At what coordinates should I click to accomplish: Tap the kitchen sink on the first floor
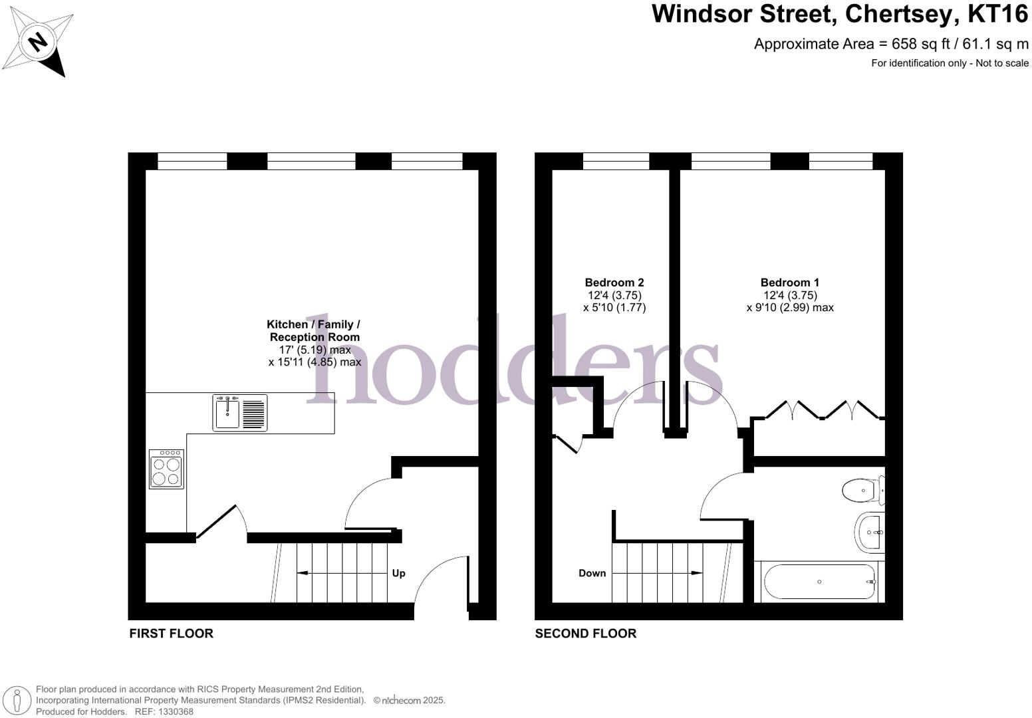(x=240, y=413)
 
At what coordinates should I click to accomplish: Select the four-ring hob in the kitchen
(x=166, y=469)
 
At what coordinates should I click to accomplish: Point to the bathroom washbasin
(x=870, y=533)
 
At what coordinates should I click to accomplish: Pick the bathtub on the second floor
(x=820, y=582)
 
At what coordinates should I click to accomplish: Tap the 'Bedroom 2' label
(x=614, y=283)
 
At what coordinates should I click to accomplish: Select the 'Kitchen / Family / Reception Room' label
(x=314, y=330)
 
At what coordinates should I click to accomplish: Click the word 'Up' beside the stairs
(x=398, y=573)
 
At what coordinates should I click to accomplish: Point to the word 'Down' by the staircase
(x=592, y=573)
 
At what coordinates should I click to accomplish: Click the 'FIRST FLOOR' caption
(x=171, y=634)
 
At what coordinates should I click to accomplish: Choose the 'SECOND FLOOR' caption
(x=585, y=634)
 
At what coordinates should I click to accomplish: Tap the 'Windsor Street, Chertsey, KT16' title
(x=840, y=13)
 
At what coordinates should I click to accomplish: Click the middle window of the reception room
(x=311, y=160)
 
